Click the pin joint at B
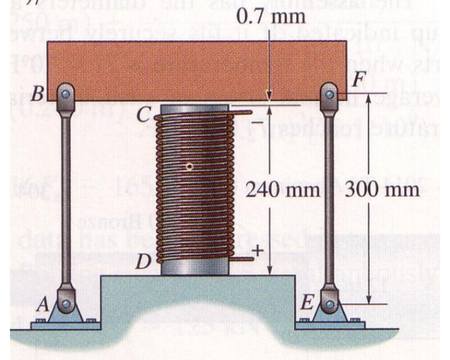pyautogui.click(x=63, y=94)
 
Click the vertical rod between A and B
pyautogui.click(x=63, y=198)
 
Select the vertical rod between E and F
pyautogui.click(x=329, y=198)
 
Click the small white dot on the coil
pyautogui.click(x=189, y=167)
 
